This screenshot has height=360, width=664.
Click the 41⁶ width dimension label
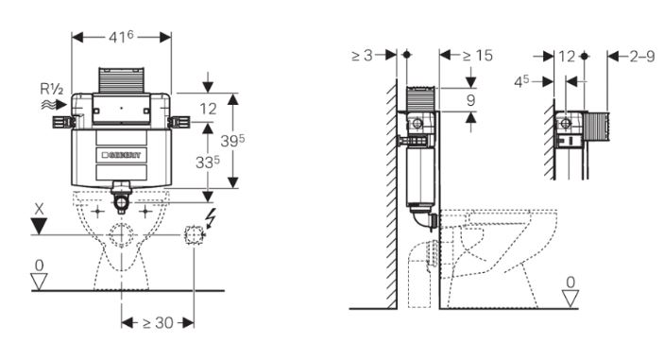pyautogui.click(x=121, y=37)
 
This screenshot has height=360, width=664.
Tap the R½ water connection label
pyautogui.click(x=52, y=90)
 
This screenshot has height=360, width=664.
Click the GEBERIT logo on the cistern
pyautogui.click(x=122, y=155)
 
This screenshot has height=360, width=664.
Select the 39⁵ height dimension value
pyautogui.click(x=232, y=141)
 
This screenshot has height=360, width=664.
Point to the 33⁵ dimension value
pyautogui.click(x=208, y=162)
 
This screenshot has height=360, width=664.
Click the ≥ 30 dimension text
pyautogui.click(x=158, y=323)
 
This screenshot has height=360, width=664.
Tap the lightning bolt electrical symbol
pyautogui.click(x=210, y=220)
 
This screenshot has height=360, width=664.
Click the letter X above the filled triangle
pyautogui.click(x=40, y=209)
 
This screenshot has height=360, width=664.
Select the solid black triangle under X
pyautogui.click(x=39, y=226)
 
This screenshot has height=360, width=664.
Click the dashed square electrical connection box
pyautogui.click(x=194, y=235)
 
